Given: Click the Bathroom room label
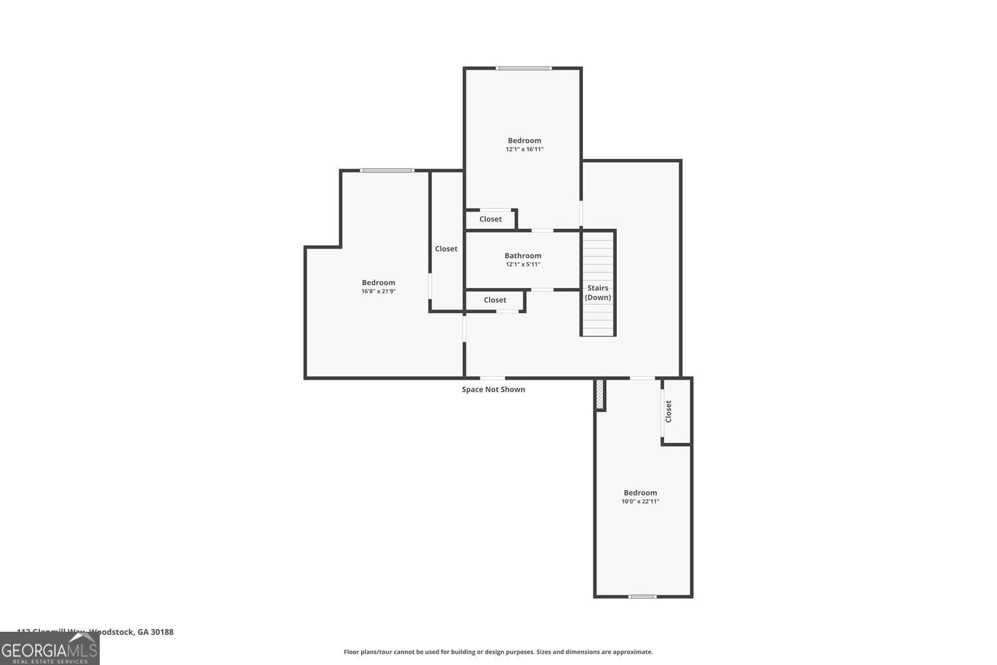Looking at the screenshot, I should click(522, 255).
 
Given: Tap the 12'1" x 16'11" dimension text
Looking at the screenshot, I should click(524, 150).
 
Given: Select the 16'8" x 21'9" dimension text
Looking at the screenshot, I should click(378, 291).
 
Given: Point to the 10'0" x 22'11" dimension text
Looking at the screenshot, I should click(640, 501).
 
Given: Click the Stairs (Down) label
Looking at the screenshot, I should click(598, 293).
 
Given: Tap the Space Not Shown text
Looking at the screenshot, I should click(493, 390).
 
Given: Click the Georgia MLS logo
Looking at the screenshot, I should click(49, 649).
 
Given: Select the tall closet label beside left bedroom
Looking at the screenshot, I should click(446, 249).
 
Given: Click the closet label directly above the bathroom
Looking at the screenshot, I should click(491, 219).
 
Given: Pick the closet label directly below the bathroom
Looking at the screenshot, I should click(495, 300).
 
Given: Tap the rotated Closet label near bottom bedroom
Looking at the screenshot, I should click(669, 411).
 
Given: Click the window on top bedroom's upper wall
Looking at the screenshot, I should click(523, 68).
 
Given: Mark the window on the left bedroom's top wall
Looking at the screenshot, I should click(387, 171).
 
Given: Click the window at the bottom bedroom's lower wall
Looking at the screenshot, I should click(642, 597).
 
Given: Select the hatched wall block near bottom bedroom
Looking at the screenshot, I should click(600, 394).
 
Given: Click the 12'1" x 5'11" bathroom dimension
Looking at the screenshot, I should click(522, 265).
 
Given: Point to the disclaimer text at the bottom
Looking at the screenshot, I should click(498, 652).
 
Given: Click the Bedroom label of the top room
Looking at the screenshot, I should click(524, 140).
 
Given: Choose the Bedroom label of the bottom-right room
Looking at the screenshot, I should click(640, 493).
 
